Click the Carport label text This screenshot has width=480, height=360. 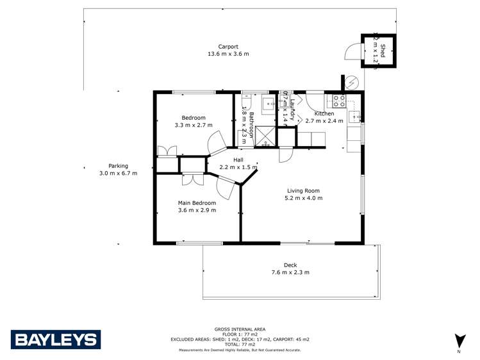point(228,47)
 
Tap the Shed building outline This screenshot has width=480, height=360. point(377,49)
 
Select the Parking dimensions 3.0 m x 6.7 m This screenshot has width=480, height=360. point(118,173)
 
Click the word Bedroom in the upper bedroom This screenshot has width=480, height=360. point(193,118)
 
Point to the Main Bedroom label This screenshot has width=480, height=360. point(197,203)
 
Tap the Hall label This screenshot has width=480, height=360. point(238,160)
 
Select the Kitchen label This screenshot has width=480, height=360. point(324,113)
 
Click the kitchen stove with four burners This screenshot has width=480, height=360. point(338,101)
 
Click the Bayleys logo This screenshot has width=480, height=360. point(56,339)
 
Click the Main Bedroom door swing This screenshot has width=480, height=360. point(226,188)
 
